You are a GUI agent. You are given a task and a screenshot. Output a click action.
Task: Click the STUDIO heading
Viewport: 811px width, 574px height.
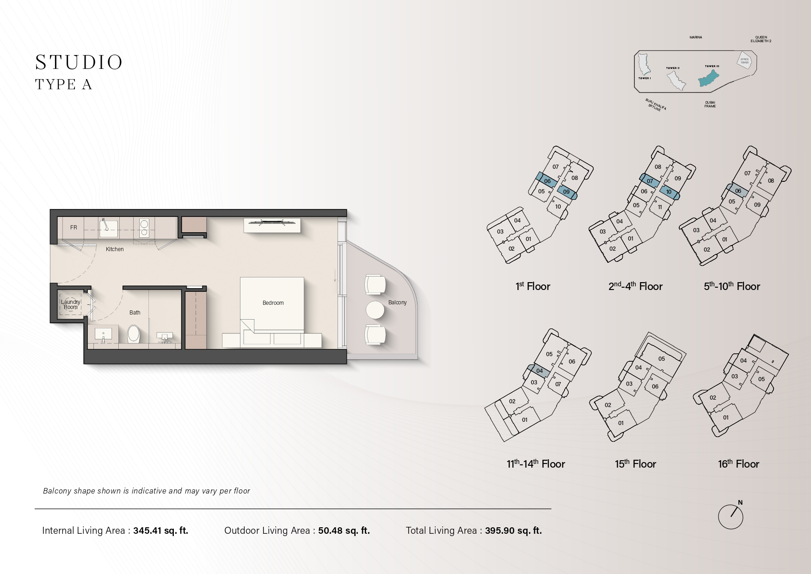(x=79, y=62)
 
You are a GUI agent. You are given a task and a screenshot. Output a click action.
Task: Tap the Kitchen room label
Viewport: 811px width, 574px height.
(x=115, y=249)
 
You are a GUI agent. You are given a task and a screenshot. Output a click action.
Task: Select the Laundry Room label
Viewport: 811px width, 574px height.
(x=71, y=304)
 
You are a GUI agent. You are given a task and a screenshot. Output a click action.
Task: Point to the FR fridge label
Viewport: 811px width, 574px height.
(x=74, y=228)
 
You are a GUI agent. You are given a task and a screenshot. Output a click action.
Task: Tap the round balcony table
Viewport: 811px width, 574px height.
(x=375, y=310)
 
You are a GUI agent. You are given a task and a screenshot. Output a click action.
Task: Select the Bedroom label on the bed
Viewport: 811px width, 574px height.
(x=273, y=303)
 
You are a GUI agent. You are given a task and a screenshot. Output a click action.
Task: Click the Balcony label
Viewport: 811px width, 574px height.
(x=398, y=302)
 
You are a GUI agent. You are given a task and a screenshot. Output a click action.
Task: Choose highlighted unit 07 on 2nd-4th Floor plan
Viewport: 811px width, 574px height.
(x=650, y=181)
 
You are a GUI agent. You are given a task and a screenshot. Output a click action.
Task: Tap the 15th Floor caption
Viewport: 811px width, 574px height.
(x=635, y=463)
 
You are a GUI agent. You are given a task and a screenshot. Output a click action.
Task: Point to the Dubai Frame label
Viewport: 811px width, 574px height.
(x=710, y=105)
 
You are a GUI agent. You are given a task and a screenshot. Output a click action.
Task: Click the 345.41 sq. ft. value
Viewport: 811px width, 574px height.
(x=161, y=531)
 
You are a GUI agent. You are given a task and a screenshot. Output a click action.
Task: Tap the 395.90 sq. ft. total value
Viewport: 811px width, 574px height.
(x=513, y=531)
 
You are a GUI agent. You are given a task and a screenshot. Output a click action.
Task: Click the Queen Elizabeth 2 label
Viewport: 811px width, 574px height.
(x=761, y=39)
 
